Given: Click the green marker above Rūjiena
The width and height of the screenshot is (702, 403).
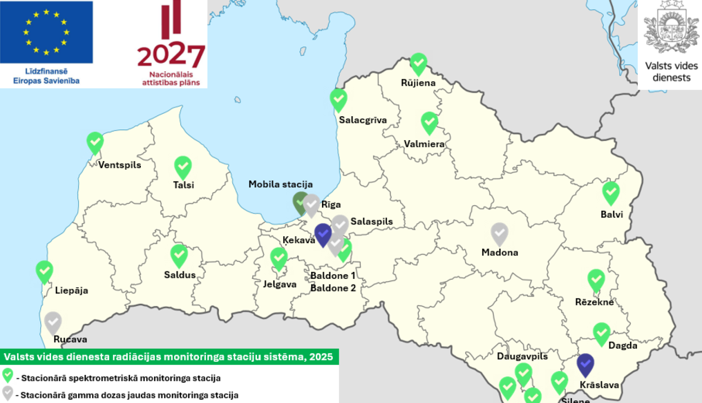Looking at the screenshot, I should coord(418,63).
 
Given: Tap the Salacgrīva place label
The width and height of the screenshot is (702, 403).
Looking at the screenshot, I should coord(363,120).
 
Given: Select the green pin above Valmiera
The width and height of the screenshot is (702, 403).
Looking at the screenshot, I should coord(429,122).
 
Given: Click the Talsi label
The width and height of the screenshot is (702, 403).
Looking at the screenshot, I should coord(183,185).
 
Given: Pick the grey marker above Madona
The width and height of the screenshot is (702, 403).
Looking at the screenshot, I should coord(499,233).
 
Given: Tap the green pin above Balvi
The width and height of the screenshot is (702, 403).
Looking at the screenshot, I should coord(611,192).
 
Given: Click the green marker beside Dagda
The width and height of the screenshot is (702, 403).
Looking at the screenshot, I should coord(602,333).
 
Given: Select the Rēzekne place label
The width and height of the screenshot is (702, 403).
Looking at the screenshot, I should coord(594,302).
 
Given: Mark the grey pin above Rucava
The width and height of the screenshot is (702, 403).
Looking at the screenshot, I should coord(53,322).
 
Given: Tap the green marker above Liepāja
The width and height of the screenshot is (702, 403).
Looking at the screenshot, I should coord(44,271).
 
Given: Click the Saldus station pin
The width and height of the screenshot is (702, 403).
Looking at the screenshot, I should coord(179,255).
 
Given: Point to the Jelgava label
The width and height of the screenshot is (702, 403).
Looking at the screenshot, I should coord(279,284).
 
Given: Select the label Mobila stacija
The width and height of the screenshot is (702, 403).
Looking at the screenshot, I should coord(280,185).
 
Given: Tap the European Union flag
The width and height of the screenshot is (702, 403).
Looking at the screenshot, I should coord(46,32).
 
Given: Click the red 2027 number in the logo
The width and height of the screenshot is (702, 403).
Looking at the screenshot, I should coord(171,55).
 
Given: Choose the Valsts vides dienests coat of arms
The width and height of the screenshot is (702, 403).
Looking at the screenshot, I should coord(671,28).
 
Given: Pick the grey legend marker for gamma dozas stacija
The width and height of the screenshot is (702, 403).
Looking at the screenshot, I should coord(7,393).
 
